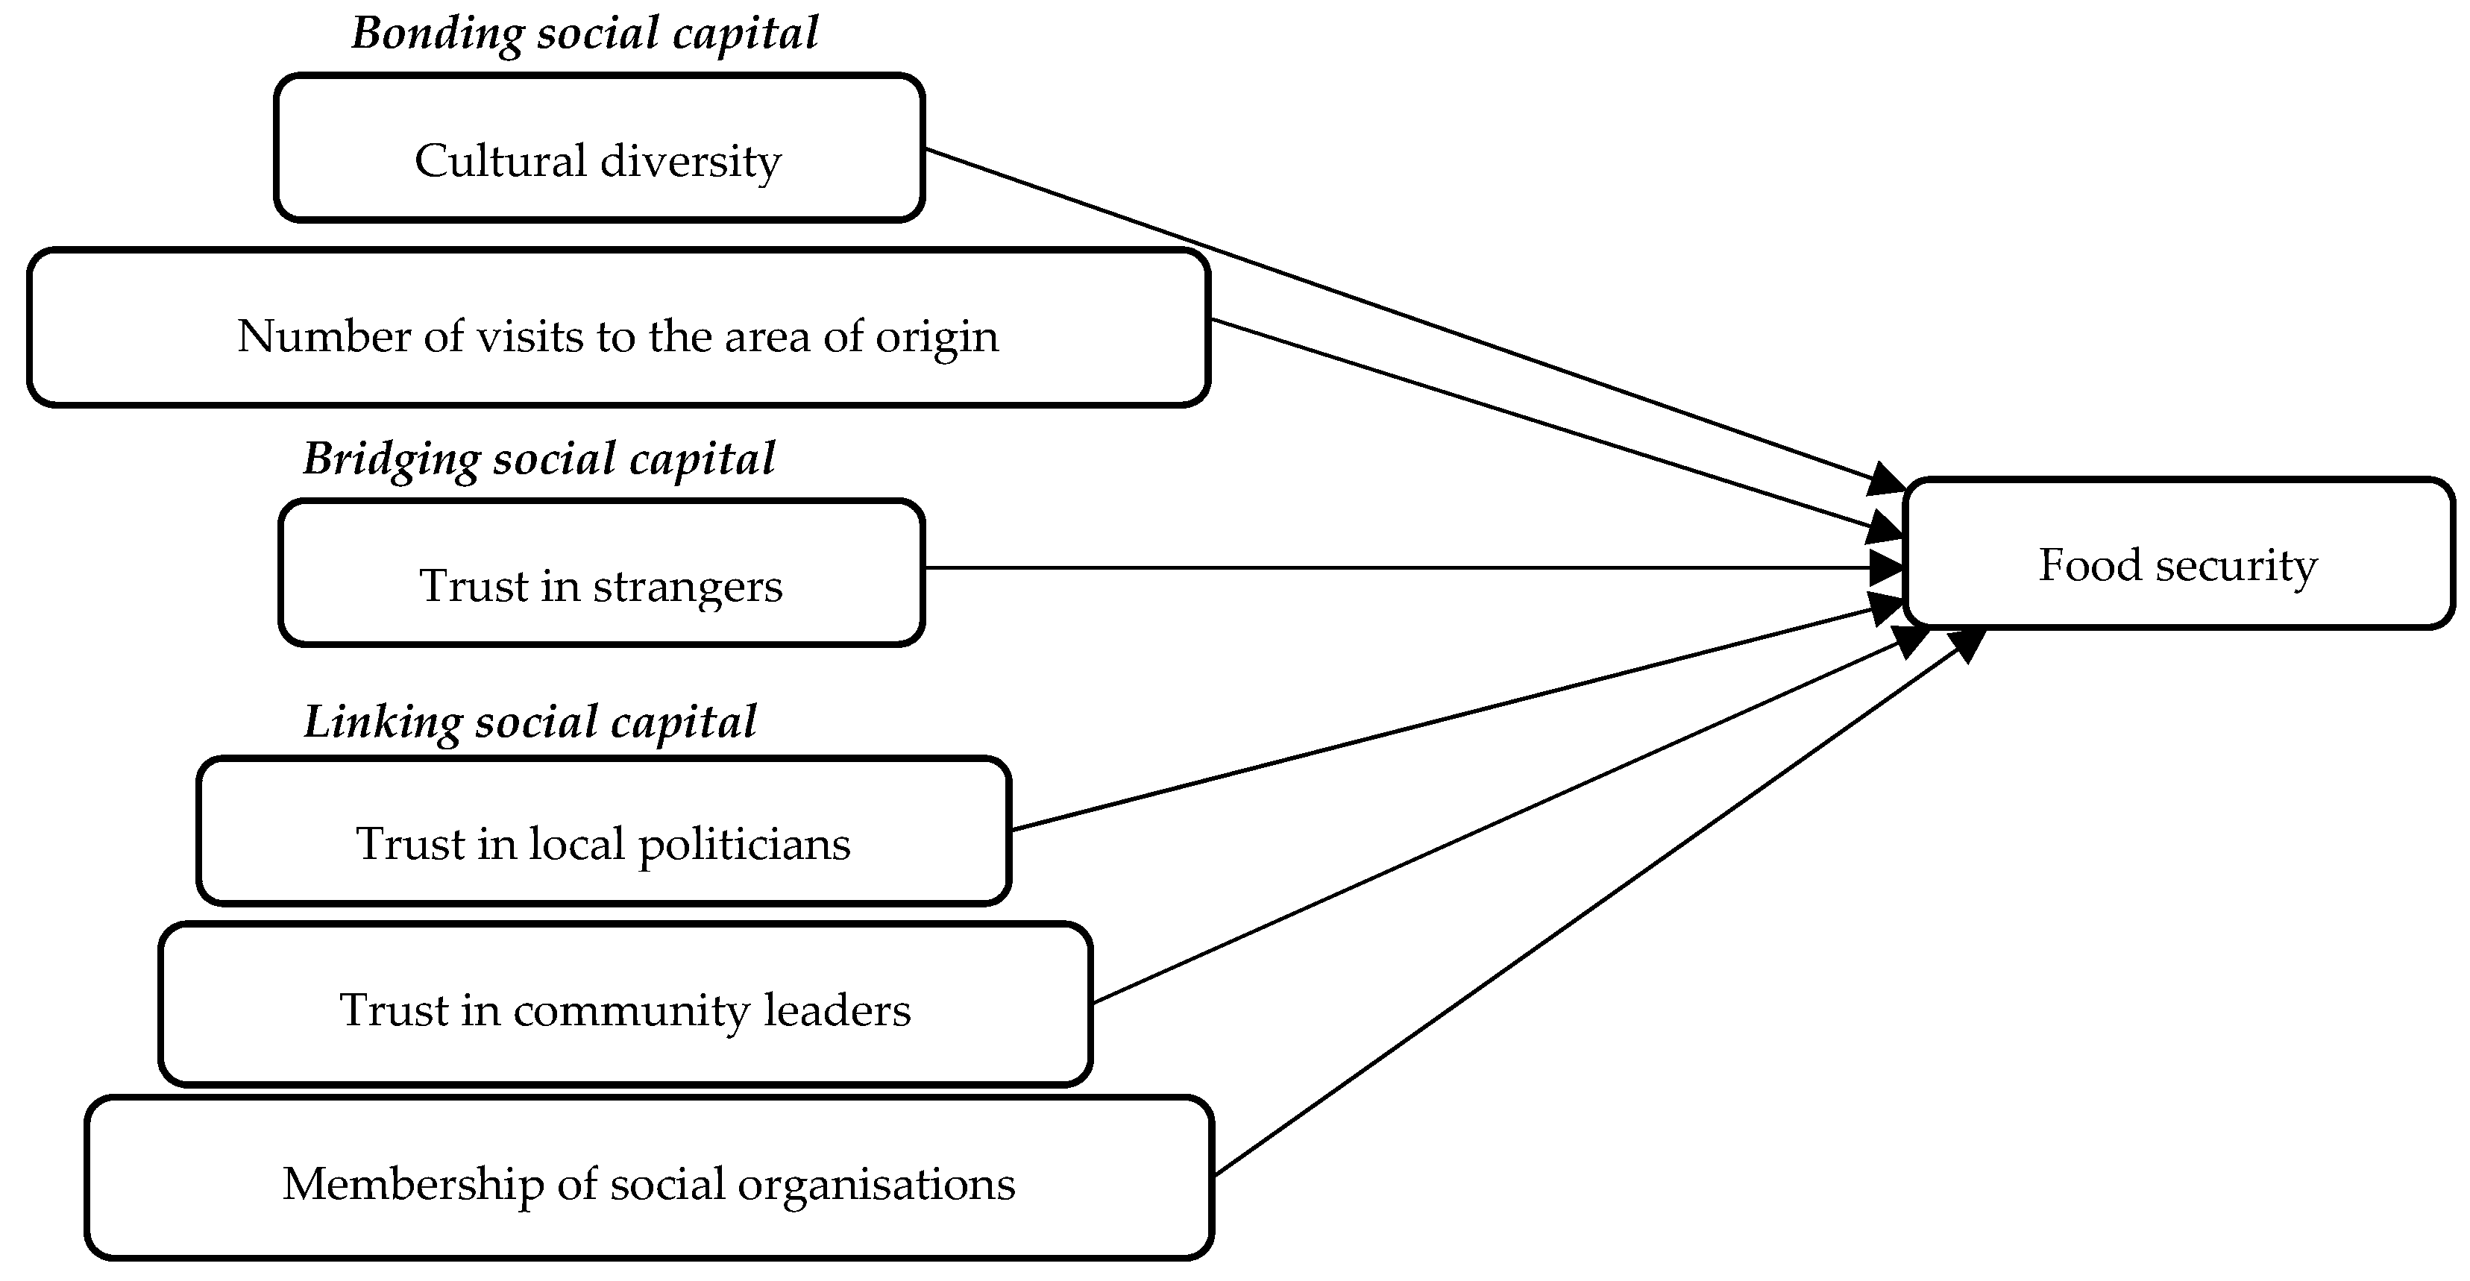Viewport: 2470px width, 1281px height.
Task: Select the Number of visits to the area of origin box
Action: coord(618,328)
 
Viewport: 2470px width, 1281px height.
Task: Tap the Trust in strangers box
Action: coord(601,573)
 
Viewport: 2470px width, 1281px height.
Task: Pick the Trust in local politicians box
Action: coord(603,831)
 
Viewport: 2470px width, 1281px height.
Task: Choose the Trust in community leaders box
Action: coord(625,1004)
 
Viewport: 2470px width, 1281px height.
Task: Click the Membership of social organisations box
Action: coord(649,1177)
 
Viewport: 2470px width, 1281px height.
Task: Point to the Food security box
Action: coord(2178,553)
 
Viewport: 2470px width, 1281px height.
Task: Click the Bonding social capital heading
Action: coord(585,34)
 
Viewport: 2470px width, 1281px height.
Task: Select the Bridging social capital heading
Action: coord(539,459)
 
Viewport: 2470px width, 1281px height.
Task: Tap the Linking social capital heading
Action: coord(530,722)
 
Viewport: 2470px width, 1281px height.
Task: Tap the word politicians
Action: coord(744,845)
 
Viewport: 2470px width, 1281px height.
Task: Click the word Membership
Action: coord(413,1184)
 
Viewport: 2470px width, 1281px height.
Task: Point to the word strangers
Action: coord(688,587)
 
